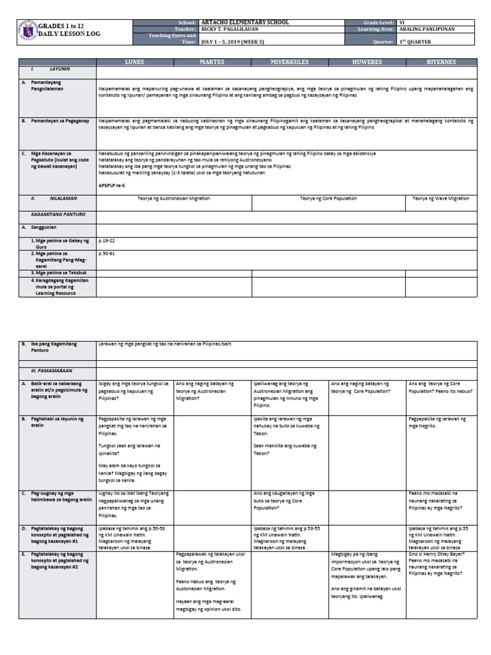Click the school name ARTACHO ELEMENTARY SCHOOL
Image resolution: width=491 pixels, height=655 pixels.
245,22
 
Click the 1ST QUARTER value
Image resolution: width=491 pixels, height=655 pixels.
415,42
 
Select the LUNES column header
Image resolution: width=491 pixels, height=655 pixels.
135,62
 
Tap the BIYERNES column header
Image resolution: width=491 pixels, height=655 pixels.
442,62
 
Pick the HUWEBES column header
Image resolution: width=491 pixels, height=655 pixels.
367,62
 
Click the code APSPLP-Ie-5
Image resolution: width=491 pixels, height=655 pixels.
112,184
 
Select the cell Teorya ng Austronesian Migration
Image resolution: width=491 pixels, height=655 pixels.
173,199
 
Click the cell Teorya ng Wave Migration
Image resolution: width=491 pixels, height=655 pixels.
442,199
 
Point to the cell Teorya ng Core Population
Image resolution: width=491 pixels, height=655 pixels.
329,199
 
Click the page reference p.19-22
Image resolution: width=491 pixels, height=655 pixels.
105,242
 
